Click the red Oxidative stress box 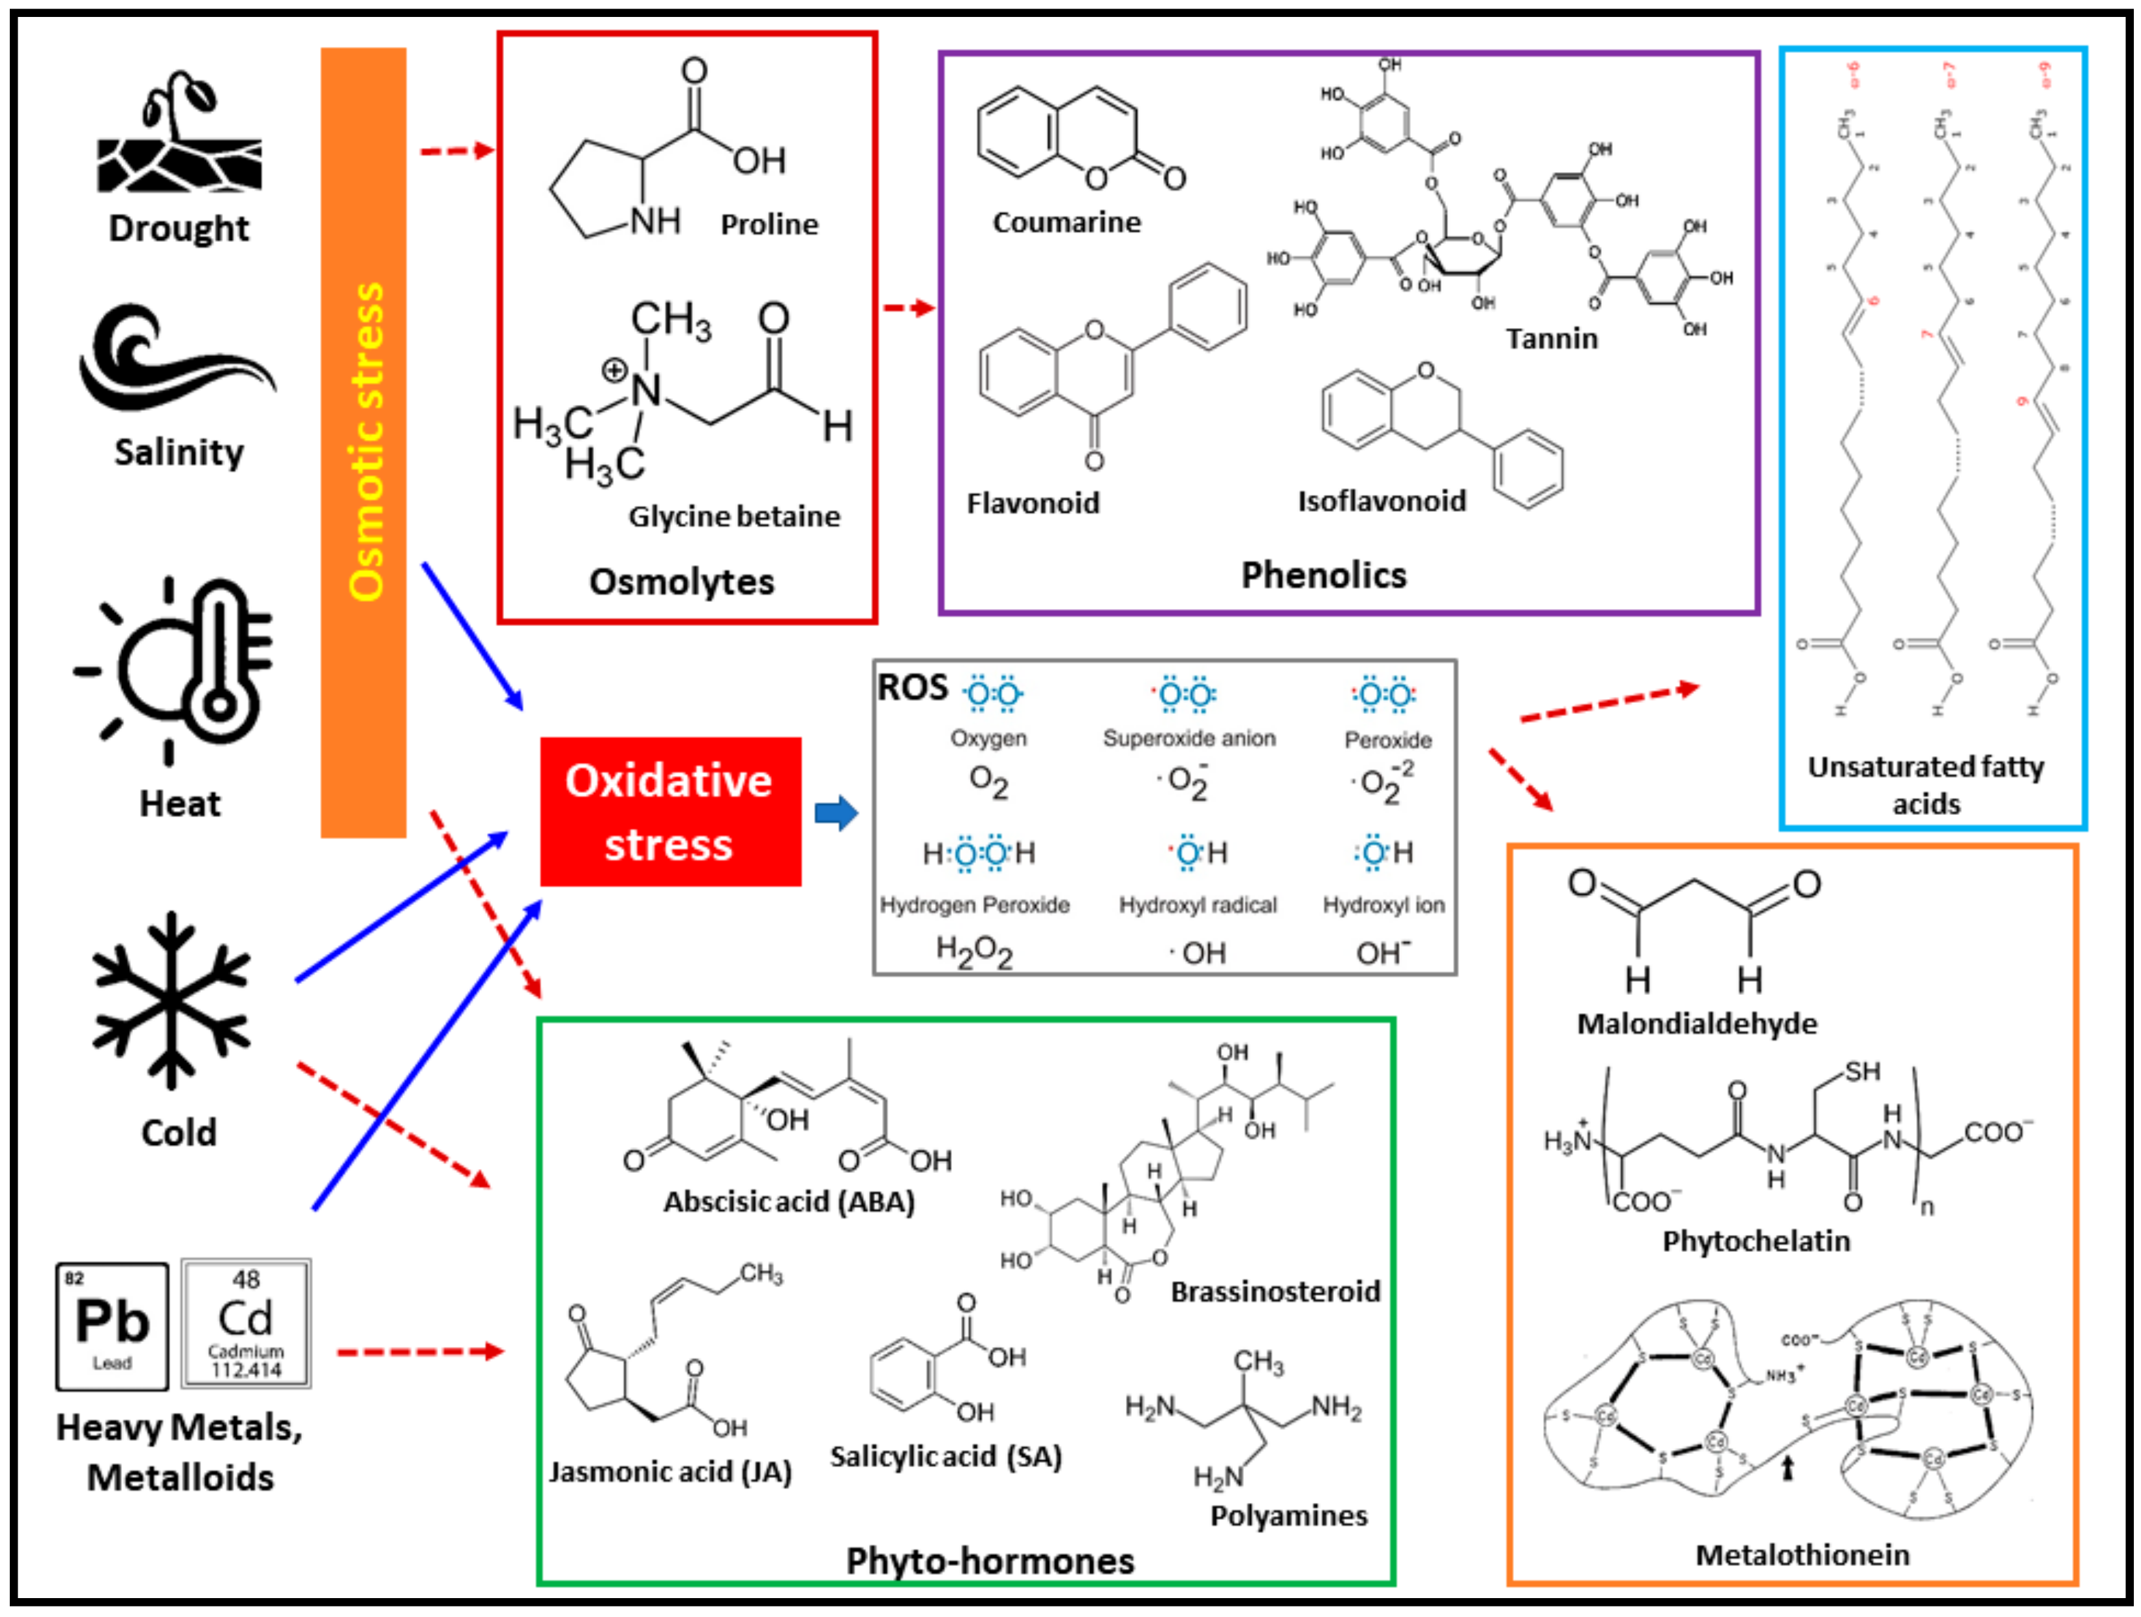(670, 811)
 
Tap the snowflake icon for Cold (171, 1000)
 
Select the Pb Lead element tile (112, 1325)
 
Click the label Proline (769, 225)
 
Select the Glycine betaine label (733, 516)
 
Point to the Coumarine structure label (1067, 223)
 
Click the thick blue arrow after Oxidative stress (835, 812)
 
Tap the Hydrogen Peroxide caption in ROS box (974, 904)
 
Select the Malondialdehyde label (1697, 1024)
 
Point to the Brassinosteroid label (1275, 1291)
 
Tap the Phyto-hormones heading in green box (989, 1561)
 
